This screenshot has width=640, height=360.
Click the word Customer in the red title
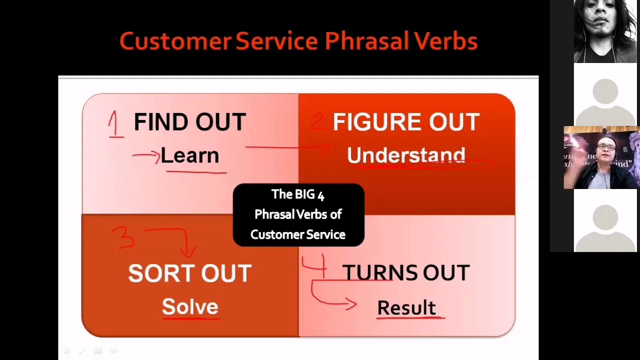tap(175, 41)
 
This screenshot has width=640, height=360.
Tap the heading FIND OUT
tap(190, 122)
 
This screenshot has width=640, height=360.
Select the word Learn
tap(190, 156)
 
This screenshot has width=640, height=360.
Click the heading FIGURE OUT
tap(406, 122)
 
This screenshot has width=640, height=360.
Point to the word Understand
tap(406, 155)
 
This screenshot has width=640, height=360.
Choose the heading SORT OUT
tap(190, 273)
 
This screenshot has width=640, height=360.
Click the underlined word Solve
tap(190, 306)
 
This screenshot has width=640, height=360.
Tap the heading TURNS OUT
tap(406, 273)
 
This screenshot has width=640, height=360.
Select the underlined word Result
tap(406, 307)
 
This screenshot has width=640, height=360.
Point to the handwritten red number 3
tap(123, 237)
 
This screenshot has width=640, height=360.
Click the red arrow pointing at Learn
tap(146, 155)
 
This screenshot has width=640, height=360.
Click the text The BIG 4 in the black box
tap(298, 194)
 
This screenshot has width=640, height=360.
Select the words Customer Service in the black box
tap(298, 234)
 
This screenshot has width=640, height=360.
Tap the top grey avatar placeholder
tap(605, 95)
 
